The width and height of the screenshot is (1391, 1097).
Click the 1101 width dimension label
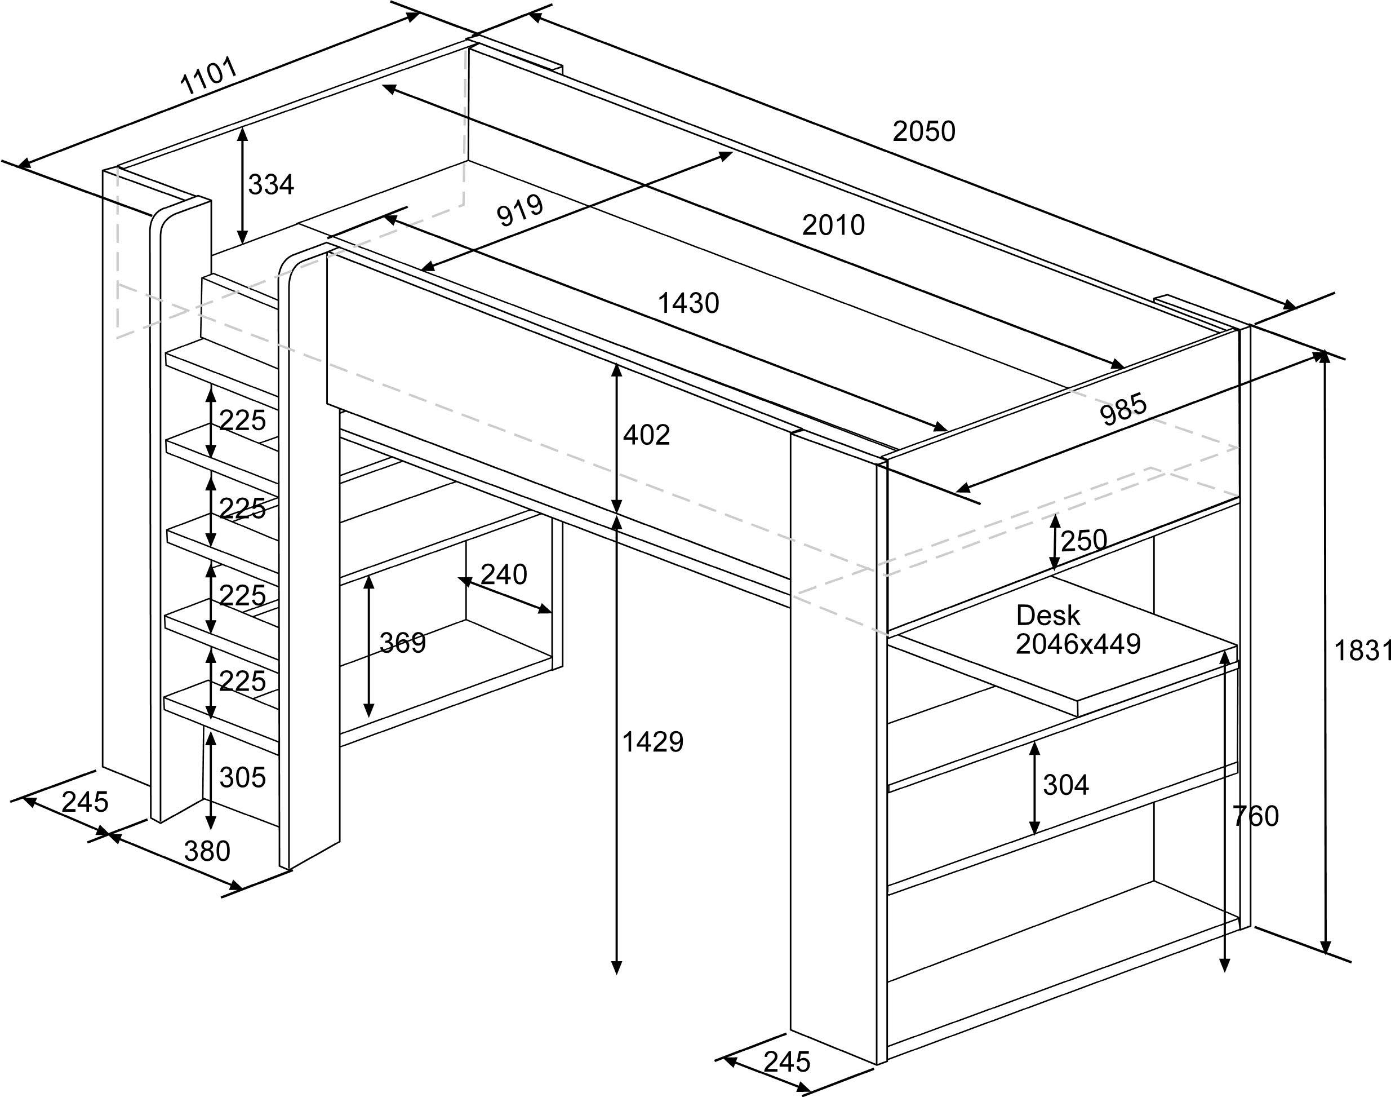[209, 76]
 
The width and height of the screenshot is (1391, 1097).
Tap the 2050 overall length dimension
[924, 132]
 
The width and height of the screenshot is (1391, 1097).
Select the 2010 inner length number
[833, 225]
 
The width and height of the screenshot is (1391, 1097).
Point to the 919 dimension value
[520, 210]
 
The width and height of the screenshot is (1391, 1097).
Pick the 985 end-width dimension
[1123, 410]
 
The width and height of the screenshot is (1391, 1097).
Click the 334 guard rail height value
[271, 185]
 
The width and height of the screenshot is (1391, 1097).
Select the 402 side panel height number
[646, 435]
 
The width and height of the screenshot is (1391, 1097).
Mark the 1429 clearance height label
[653, 742]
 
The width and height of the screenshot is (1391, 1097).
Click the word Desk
[1047, 616]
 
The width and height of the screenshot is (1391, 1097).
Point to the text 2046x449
[1078, 644]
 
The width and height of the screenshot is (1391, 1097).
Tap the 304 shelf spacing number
[1065, 785]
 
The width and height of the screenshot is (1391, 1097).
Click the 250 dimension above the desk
[1083, 541]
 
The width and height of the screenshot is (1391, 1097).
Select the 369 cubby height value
[402, 643]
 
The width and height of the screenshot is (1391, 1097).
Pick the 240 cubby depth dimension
[503, 575]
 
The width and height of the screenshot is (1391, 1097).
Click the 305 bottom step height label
[242, 778]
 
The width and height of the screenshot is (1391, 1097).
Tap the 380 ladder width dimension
[207, 852]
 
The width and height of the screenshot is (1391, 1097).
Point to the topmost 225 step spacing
[242, 421]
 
